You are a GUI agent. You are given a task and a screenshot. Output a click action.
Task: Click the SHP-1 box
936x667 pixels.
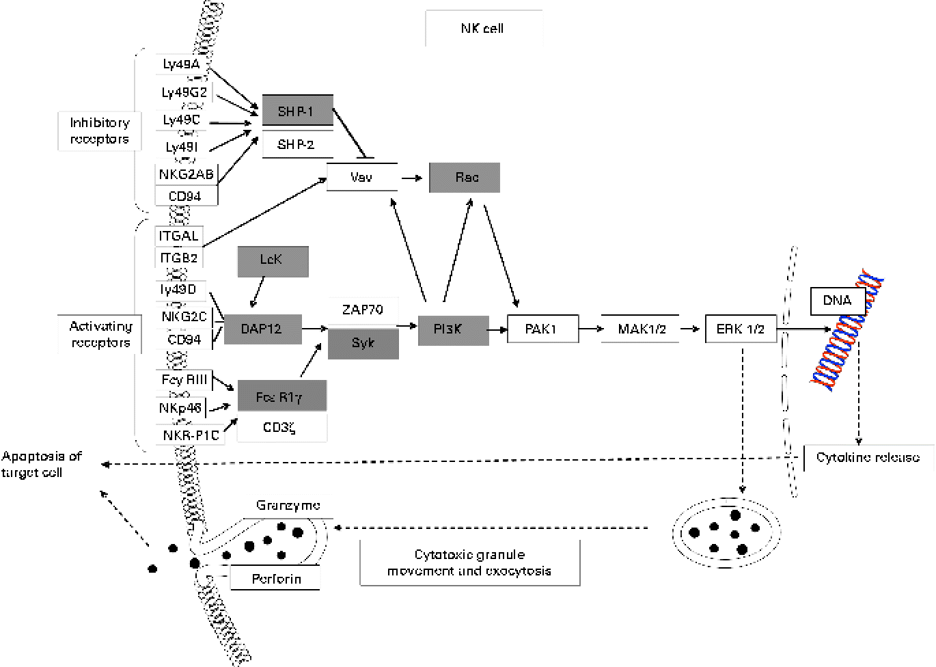(x=297, y=111)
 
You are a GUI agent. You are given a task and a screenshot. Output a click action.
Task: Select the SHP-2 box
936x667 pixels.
(x=297, y=145)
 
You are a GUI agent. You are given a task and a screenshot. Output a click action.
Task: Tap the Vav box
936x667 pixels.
(x=361, y=177)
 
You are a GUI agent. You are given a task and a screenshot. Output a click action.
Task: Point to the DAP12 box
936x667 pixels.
(x=262, y=329)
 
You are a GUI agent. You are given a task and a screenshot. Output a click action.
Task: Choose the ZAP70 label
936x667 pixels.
(x=363, y=310)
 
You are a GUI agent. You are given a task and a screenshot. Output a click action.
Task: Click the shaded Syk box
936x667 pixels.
(x=363, y=343)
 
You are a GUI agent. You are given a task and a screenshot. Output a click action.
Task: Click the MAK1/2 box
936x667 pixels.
(x=642, y=329)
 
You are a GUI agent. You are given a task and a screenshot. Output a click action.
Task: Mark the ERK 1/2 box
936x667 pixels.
(x=741, y=329)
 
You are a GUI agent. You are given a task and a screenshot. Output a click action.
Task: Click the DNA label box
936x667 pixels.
(x=837, y=301)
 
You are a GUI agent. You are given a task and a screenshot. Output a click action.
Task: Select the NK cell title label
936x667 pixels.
(x=483, y=29)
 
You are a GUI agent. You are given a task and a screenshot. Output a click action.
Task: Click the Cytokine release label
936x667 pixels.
(x=868, y=457)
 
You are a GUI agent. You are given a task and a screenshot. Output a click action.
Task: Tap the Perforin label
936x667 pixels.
(x=276, y=579)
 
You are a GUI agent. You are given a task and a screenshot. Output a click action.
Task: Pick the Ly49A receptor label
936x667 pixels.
(x=182, y=65)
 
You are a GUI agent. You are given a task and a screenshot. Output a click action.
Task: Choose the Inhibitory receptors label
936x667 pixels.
(x=100, y=131)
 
